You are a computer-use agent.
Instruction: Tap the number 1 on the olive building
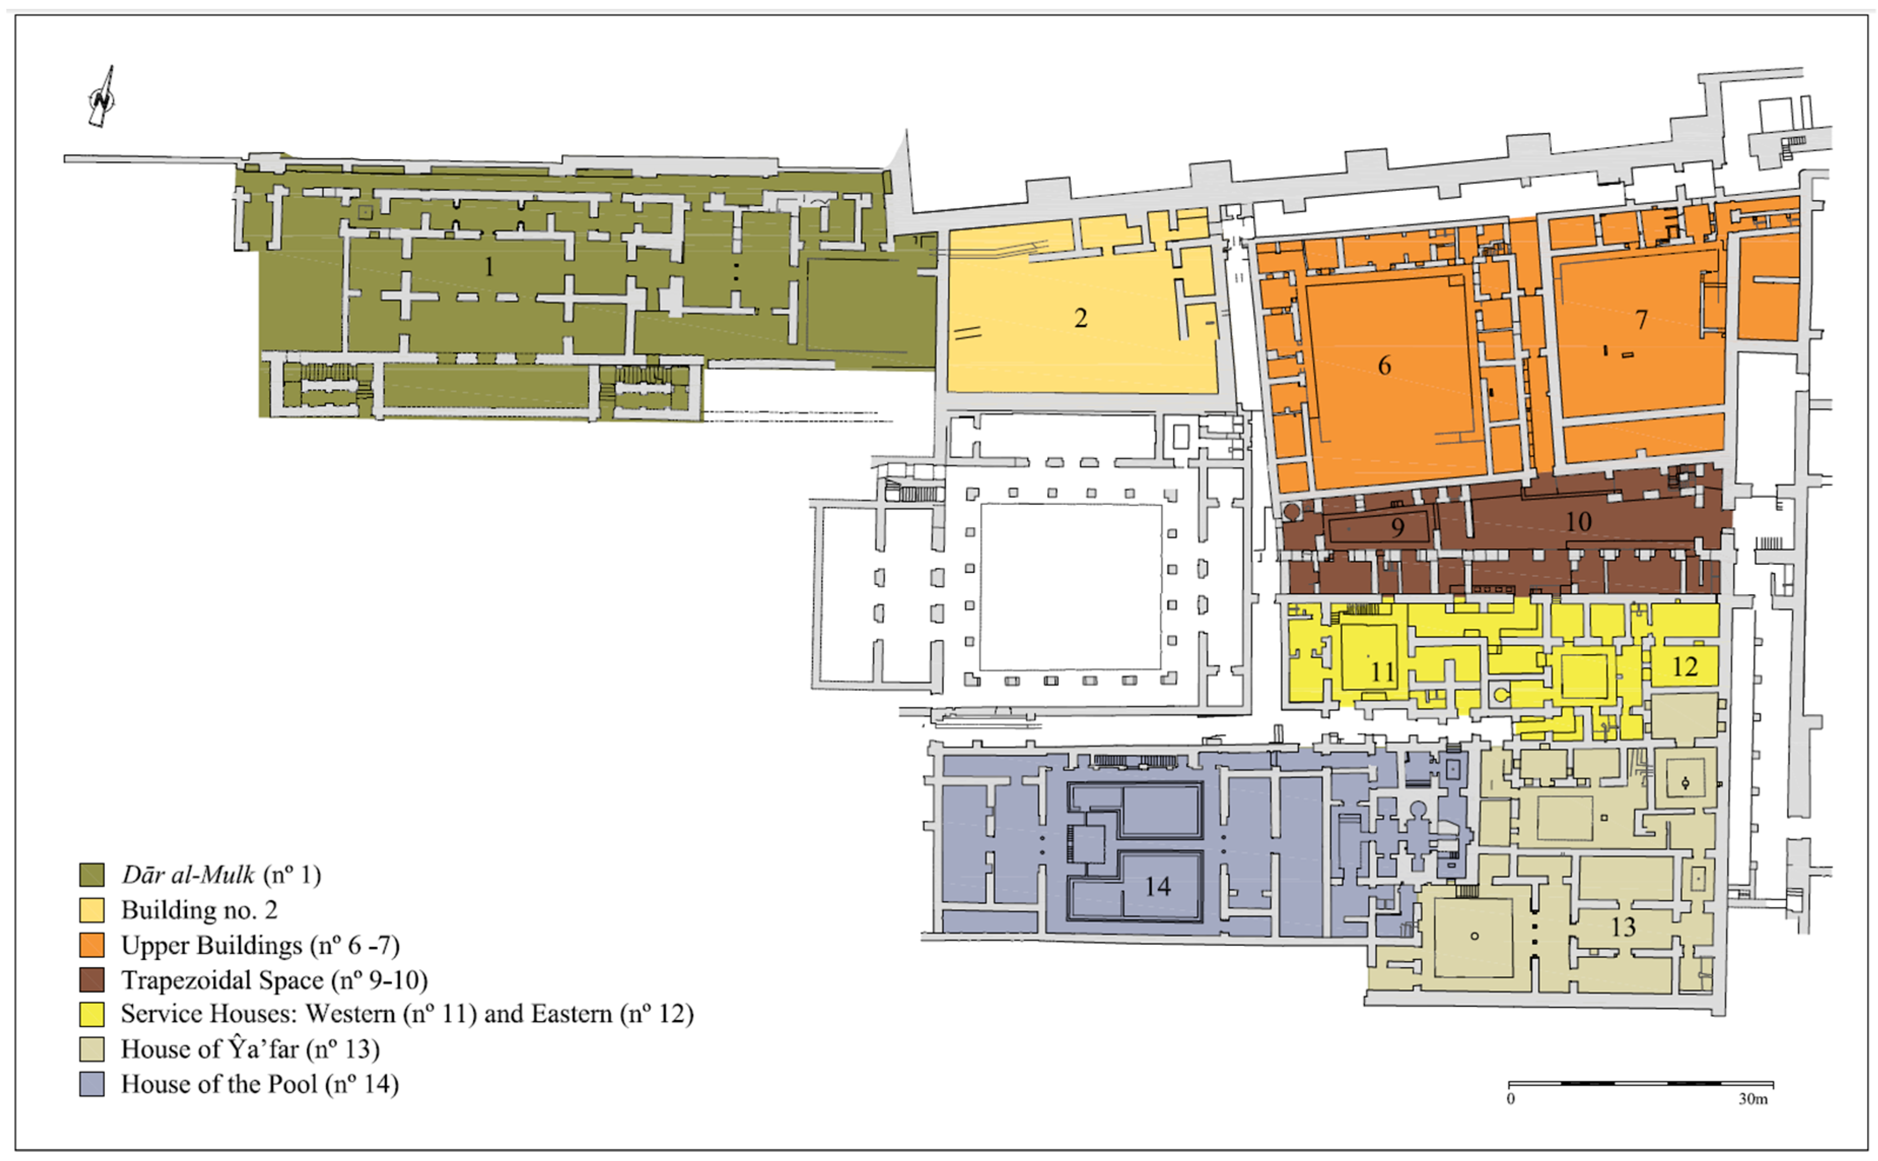click(x=489, y=266)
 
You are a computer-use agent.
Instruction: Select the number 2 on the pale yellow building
click(x=1081, y=318)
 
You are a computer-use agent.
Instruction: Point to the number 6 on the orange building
click(x=1384, y=365)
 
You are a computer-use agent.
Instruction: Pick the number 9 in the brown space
click(x=1398, y=528)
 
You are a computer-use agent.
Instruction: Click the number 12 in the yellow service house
click(x=1685, y=666)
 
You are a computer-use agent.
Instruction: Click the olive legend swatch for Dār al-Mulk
click(x=92, y=875)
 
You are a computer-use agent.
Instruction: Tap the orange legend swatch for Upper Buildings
click(x=92, y=944)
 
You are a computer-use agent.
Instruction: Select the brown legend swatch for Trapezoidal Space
click(x=92, y=980)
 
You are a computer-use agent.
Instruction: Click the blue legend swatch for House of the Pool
click(x=92, y=1084)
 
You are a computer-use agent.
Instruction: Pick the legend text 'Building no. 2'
click(x=199, y=910)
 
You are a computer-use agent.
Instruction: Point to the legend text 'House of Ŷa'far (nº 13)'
click(x=250, y=1049)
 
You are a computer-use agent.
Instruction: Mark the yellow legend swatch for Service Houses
click(x=92, y=1014)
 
